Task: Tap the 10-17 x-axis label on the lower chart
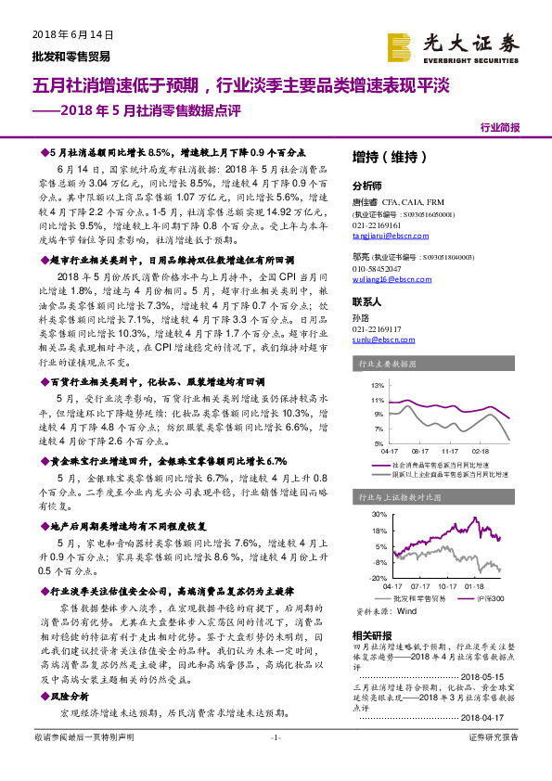click(448, 585)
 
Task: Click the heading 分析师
click(366, 186)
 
